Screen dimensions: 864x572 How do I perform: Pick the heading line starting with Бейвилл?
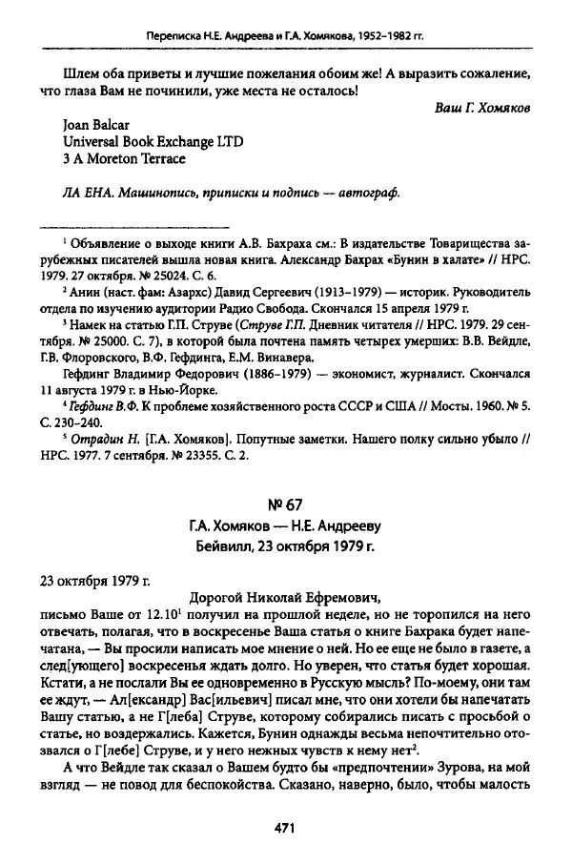[283, 547]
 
